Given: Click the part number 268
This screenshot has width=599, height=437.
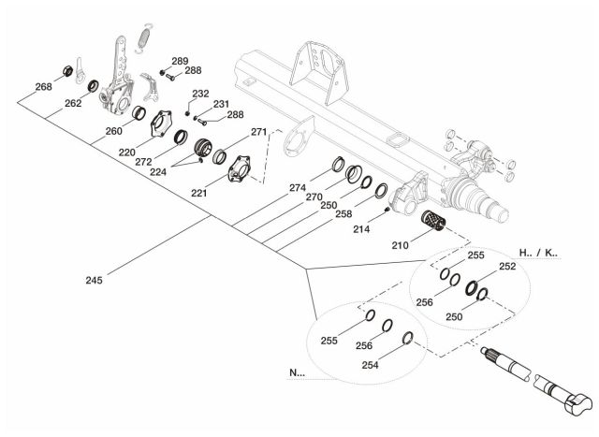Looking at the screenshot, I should point(43,87).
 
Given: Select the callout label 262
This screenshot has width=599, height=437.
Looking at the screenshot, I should point(73,105).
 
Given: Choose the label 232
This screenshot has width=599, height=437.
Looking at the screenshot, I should point(200,94).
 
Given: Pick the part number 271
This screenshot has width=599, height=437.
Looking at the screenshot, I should point(258,132).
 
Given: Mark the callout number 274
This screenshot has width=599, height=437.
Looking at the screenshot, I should point(299,187).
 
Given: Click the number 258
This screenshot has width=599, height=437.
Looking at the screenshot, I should point(344,214).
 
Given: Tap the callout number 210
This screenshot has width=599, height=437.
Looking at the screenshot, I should point(401,246).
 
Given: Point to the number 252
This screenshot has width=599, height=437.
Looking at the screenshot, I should point(506,267).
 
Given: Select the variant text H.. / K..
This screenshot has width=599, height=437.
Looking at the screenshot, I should point(537,253).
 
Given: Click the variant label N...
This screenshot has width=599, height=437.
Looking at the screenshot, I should point(298,372).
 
